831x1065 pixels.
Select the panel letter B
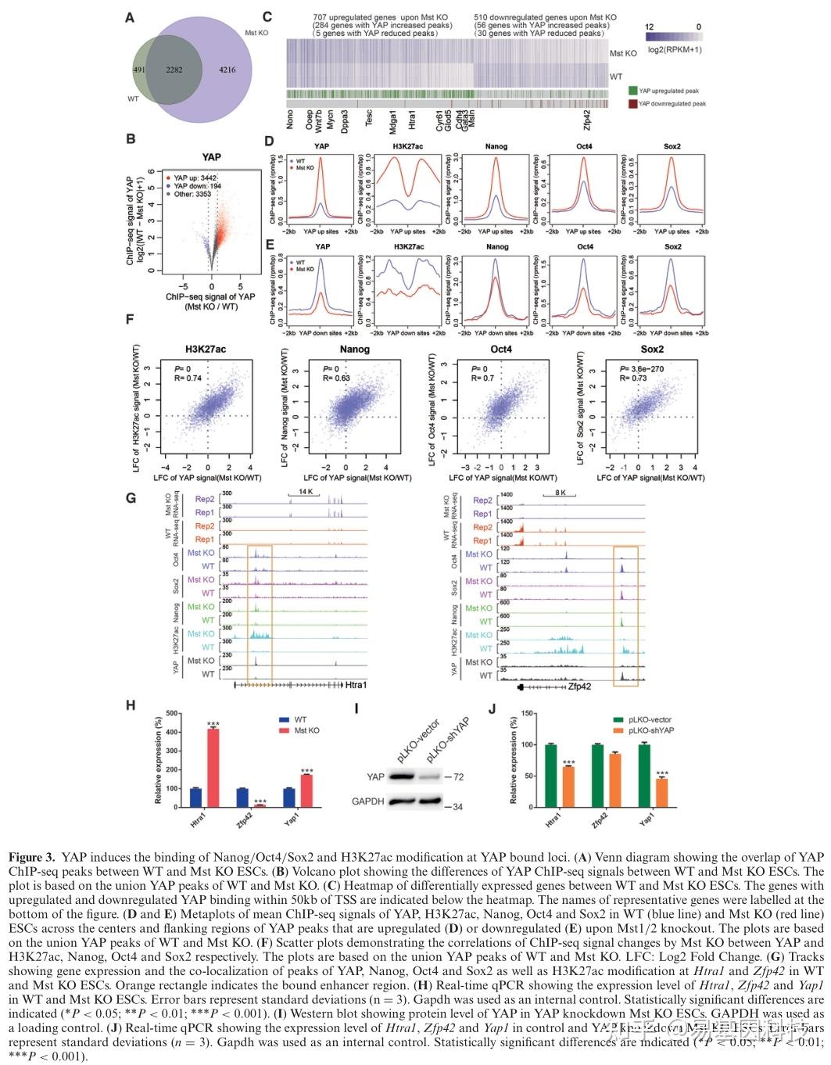pos(131,139)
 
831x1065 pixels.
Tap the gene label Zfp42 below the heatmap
pos(586,121)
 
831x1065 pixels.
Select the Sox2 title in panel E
pos(672,247)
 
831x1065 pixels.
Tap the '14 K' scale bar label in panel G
pos(304,492)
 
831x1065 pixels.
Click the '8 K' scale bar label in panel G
pos(561,493)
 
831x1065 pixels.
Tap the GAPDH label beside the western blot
pos(367,801)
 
